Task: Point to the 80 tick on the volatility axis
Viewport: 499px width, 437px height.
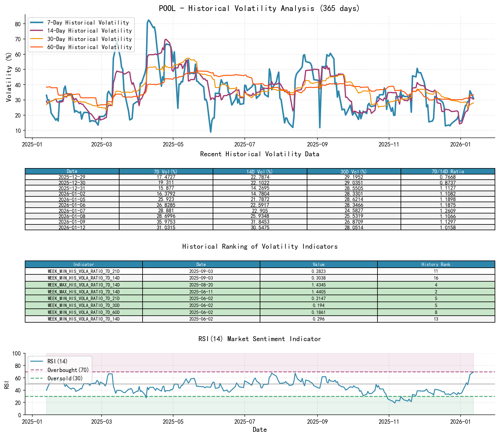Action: click(x=18, y=24)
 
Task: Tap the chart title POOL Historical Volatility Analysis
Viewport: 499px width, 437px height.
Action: click(x=259, y=8)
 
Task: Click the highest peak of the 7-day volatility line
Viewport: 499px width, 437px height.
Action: click(x=148, y=20)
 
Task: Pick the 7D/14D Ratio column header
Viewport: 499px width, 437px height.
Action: click(x=448, y=172)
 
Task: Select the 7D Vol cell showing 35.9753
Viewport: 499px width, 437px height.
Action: click(x=166, y=222)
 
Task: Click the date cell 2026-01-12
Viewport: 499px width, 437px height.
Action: click(x=72, y=228)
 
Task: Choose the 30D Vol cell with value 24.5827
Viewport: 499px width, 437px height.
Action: click(x=354, y=211)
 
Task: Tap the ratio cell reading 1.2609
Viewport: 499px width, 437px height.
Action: click(x=448, y=211)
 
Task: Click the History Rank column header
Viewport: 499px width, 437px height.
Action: click(x=436, y=264)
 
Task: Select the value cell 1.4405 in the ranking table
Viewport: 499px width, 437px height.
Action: click(x=319, y=292)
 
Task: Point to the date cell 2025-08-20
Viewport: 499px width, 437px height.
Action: click(x=201, y=285)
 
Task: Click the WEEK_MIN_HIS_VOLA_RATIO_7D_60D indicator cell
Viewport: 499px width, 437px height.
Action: click(x=84, y=312)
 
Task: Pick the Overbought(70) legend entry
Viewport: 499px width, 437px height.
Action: click(x=68, y=370)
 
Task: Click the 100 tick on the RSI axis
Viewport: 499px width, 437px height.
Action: click(x=17, y=354)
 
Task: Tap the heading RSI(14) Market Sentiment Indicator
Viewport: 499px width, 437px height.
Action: click(x=259, y=339)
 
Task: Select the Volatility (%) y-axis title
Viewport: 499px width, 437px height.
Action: click(x=9, y=77)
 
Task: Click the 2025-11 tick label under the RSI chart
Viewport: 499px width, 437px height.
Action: click(x=389, y=422)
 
